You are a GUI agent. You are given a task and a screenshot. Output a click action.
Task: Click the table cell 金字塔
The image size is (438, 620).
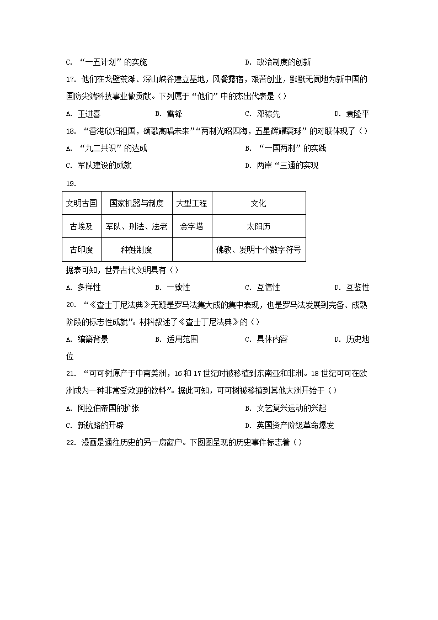point(192,226)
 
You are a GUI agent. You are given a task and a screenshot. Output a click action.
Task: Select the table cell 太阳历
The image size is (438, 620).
point(258,226)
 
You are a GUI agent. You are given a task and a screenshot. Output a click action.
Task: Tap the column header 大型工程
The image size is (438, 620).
point(192,203)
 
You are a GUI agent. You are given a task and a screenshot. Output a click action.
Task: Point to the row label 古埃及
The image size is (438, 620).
point(82,226)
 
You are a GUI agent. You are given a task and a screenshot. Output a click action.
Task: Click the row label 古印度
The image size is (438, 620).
point(82,250)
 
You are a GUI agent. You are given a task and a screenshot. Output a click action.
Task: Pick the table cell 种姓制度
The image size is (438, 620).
point(136,250)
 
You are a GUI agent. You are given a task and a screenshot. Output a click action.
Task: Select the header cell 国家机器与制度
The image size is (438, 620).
point(136,203)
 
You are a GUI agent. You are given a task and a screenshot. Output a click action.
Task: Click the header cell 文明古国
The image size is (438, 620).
point(82,203)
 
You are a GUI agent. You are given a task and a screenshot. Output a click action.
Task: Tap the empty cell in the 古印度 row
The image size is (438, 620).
point(192,250)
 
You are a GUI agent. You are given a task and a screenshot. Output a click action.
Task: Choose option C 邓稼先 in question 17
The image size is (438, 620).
point(268,114)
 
